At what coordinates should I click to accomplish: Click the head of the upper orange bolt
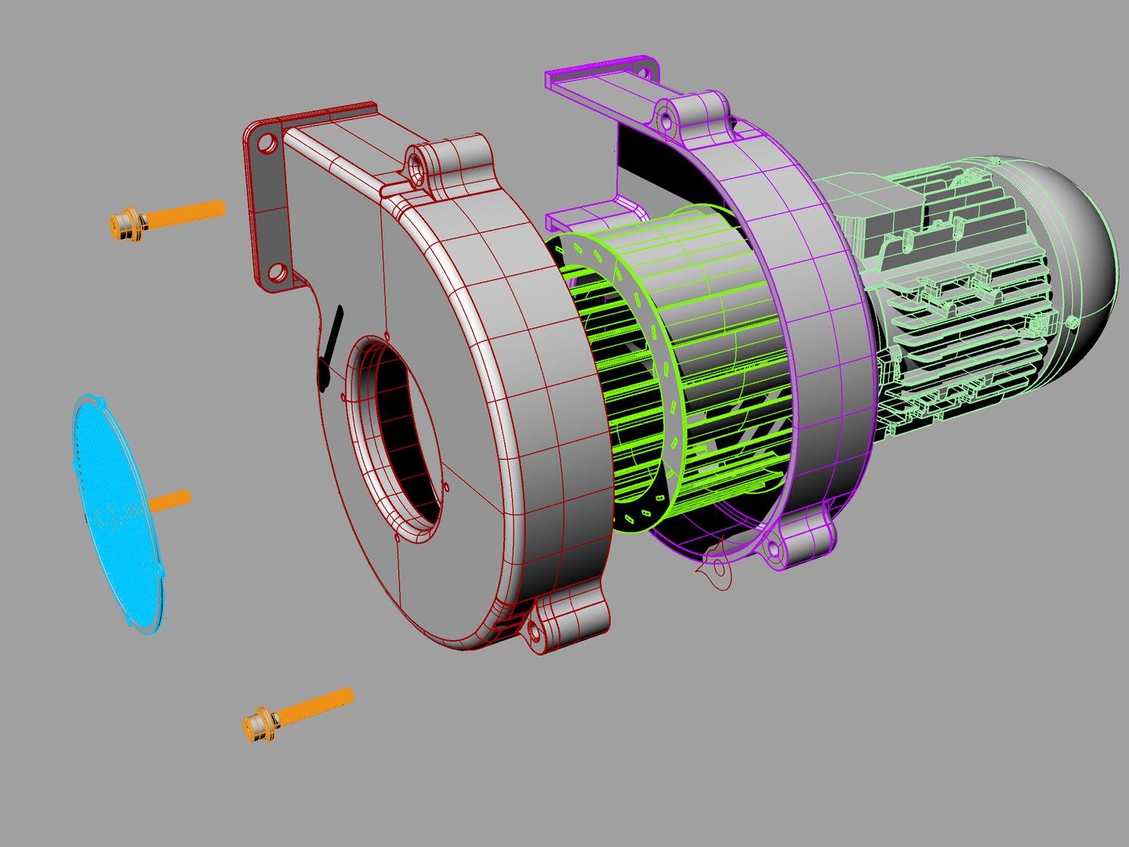[x=125, y=224]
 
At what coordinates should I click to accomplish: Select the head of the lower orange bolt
[x=259, y=724]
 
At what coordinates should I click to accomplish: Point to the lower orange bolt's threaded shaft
[x=318, y=705]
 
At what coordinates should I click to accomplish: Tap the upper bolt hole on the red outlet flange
[x=267, y=144]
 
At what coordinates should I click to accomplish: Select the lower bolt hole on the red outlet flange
[x=275, y=273]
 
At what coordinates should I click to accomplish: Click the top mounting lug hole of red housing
[x=413, y=165]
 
